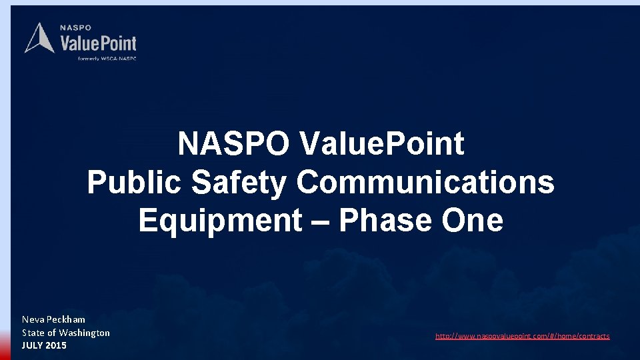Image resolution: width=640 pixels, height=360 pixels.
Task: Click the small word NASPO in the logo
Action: pos(75,28)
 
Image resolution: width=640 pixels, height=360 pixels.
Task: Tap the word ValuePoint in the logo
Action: pos(98,44)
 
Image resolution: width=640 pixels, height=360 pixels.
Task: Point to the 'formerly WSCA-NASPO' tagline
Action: pos(107,59)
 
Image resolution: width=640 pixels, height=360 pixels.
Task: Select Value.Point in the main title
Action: pos(381,143)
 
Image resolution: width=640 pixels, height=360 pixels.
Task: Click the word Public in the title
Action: pos(133,182)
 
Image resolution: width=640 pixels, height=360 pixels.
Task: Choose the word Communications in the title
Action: pos(425,182)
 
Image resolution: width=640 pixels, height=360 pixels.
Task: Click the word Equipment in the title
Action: pos(220,221)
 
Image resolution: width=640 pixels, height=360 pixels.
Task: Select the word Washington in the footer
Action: pos(85,333)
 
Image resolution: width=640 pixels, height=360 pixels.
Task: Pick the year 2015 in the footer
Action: pos(56,345)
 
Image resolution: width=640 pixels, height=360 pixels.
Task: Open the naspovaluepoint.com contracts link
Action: pos(522,336)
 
